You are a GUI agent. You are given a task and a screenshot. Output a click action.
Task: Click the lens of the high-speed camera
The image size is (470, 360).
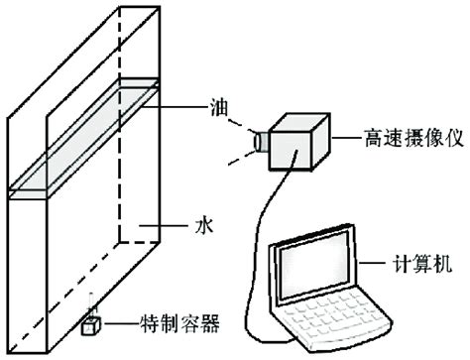(260, 144)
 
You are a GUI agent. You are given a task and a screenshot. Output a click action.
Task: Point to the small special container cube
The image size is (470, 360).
(90, 324)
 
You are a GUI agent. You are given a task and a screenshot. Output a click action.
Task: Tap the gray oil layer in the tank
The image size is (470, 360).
(84, 138)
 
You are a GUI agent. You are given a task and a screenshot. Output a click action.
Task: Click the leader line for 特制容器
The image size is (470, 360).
(119, 323)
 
